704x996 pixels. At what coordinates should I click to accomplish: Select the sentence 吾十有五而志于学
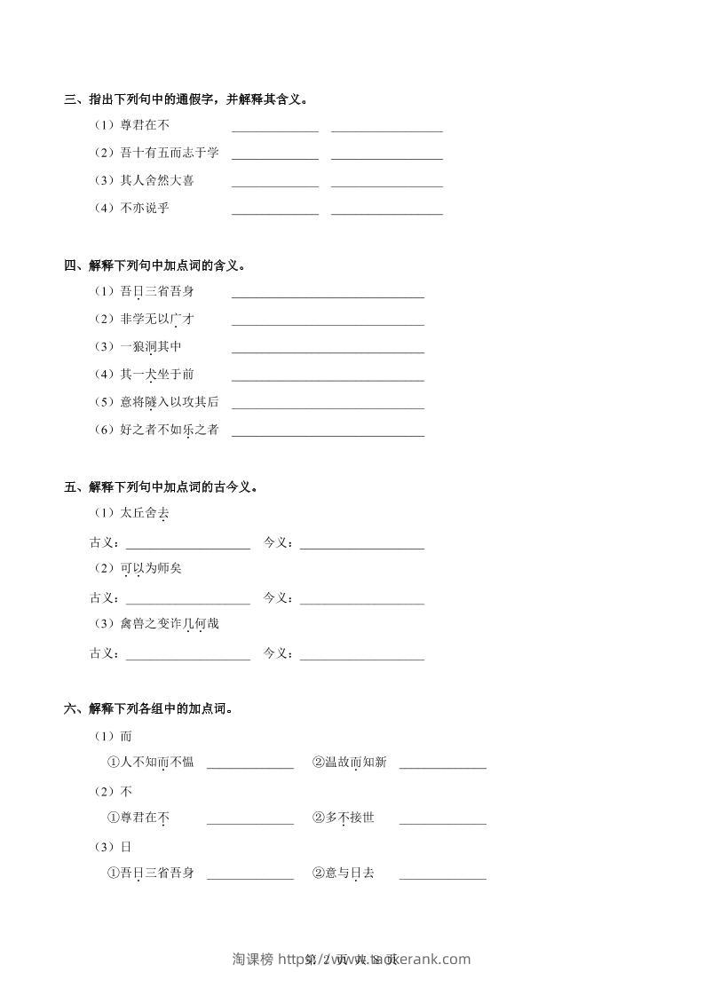(x=169, y=153)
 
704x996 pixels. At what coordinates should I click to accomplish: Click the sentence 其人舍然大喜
(x=156, y=180)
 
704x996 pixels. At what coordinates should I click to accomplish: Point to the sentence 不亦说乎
(x=144, y=208)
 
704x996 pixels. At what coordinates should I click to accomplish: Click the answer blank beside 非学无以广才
(x=328, y=321)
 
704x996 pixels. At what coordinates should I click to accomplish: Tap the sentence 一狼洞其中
(x=150, y=346)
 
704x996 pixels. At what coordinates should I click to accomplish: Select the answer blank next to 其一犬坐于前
(x=328, y=376)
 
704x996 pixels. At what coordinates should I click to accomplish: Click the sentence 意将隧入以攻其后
(x=169, y=402)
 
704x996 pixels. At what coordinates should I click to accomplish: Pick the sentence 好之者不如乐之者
(x=169, y=430)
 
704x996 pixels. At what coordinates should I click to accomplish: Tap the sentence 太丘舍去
(x=144, y=513)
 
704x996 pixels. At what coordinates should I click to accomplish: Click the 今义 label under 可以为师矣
(x=279, y=597)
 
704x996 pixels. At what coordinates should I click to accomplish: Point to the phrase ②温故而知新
(x=349, y=762)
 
